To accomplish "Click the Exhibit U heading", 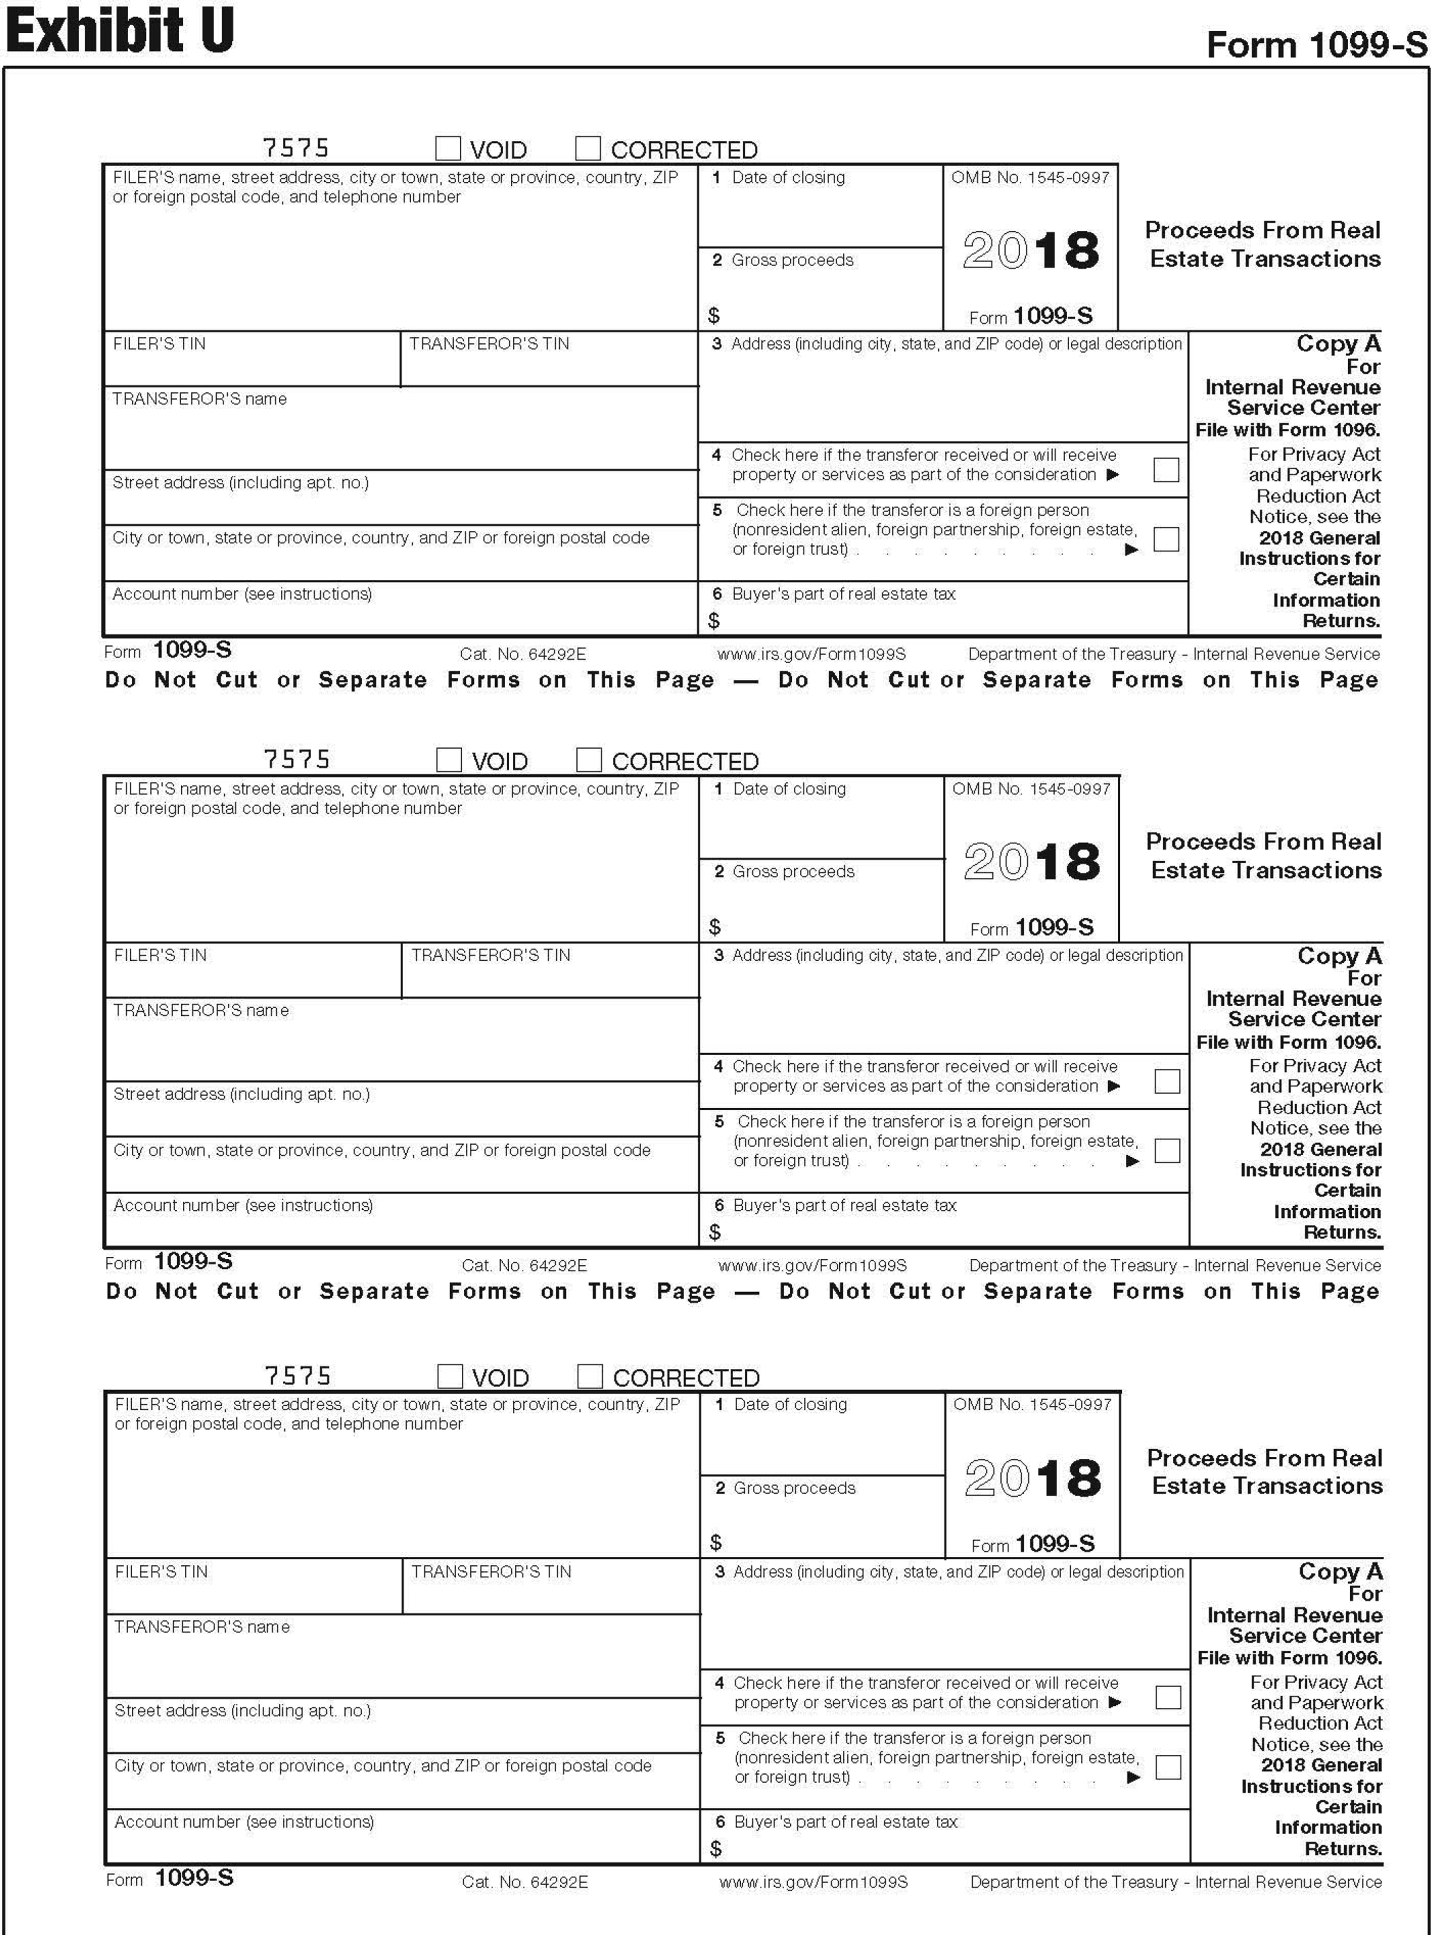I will pyautogui.click(x=119, y=30).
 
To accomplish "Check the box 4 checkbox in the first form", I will pyautogui.click(x=1166, y=469).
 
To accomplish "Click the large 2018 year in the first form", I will pyautogui.click(x=1031, y=250).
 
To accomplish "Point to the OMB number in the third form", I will pyautogui.click(x=1032, y=1404).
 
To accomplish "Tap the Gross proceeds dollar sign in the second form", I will pyautogui.click(x=714, y=927).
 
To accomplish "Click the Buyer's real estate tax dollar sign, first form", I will pyautogui.click(x=714, y=620).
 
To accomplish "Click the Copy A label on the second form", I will pyautogui.click(x=1339, y=956).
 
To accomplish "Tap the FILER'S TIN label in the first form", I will pyautogui.click(x=159, y=344).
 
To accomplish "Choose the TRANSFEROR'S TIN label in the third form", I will pyautogui.click(x=491, y=1571).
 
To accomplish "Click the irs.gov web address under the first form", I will pyautogui.click(x=812, y=654).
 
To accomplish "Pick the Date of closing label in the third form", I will pyautogui.click(x=789, y=1404).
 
